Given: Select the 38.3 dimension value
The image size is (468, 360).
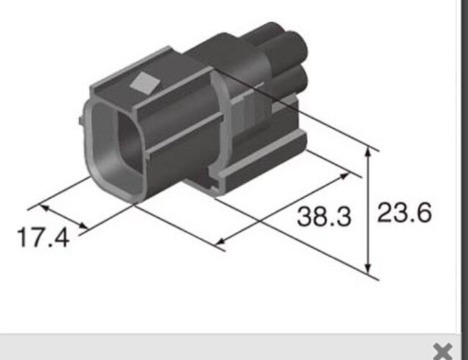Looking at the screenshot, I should click(324, 216).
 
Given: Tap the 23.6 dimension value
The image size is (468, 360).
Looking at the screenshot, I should click(404, 213).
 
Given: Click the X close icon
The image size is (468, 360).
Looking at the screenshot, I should click(442, 350).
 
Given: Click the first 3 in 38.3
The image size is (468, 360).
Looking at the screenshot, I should click(305, 216).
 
